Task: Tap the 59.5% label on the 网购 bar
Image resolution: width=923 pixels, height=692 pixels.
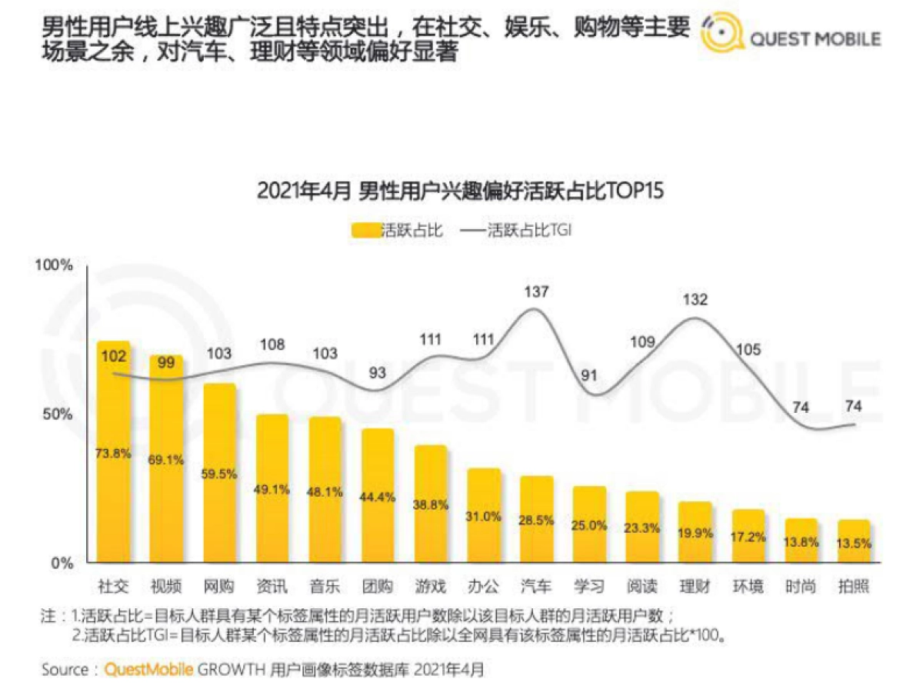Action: (x=219, y=474)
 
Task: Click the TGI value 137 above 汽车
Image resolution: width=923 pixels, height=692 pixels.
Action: (x=536, y=292)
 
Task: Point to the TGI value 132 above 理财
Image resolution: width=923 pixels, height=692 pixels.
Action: (x=695, y=299)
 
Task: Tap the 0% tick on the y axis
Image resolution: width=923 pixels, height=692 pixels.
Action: (x=62, y=563)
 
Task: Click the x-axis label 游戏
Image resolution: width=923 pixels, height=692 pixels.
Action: (x=430, y=587)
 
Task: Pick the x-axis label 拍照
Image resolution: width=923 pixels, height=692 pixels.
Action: (x=854, y=587)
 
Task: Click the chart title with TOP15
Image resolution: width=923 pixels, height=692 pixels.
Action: (x=460, y=191)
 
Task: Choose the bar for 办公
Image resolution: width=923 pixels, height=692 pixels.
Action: (x=483, y=516)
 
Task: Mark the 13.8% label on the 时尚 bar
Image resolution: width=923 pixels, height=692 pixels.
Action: (x=801, y=541)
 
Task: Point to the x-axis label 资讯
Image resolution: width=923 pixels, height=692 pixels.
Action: (x=272, y=587)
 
